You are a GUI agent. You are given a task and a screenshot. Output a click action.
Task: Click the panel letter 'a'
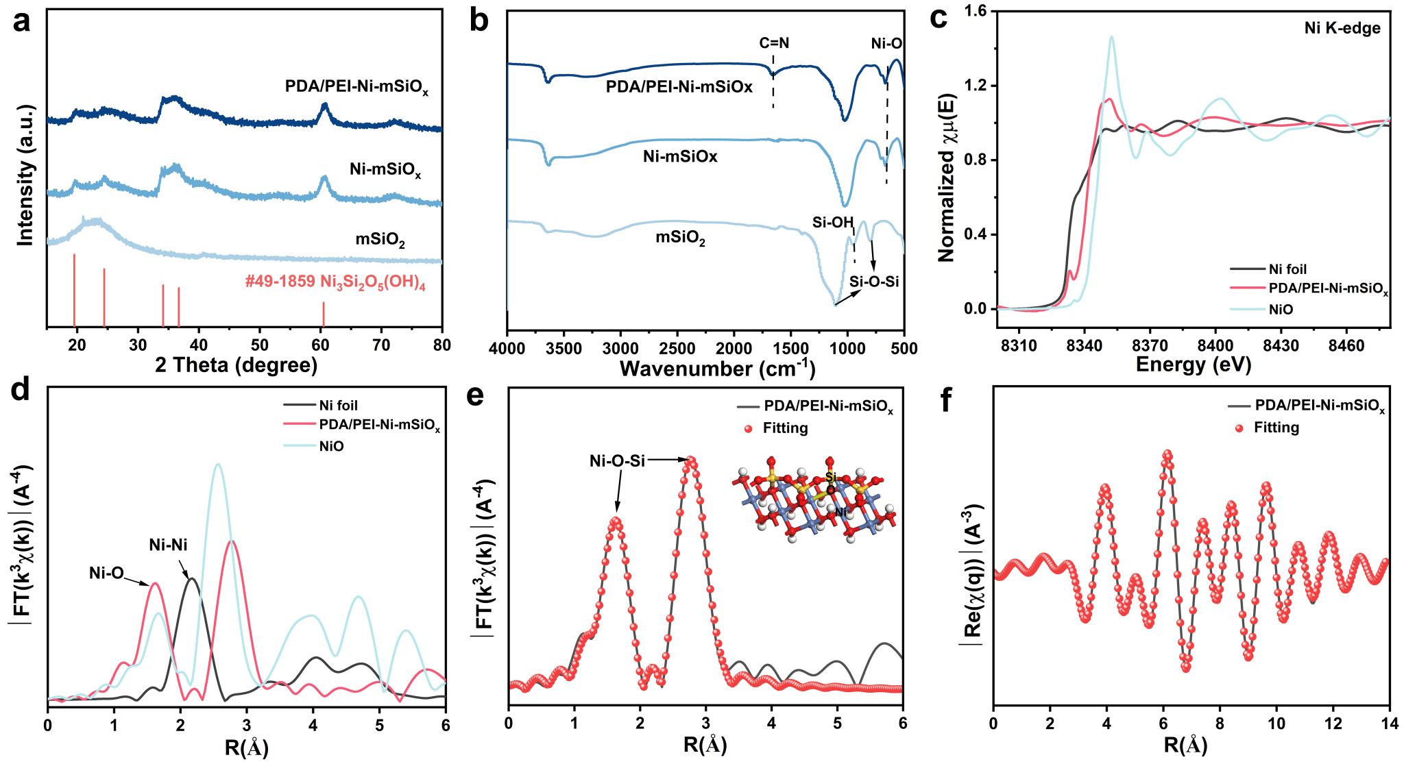pos(22,22)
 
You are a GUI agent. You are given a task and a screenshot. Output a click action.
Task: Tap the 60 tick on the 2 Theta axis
pos(320,345)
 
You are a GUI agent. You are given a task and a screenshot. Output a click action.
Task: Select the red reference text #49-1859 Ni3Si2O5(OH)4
pos(335,282)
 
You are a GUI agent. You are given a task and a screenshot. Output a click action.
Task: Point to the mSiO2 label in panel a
pos(380,240)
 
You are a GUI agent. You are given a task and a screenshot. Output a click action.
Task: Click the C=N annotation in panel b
pos(774,43)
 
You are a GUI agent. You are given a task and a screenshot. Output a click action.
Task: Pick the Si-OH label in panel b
pos(832,223)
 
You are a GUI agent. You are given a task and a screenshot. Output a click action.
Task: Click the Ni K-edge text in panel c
pos(1342,28)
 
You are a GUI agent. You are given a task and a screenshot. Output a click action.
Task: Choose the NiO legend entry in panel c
pos(1280,310)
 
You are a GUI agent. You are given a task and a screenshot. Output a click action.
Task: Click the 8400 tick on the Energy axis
pos(1215,345)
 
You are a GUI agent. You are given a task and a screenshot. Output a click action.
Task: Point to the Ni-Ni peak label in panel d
pos(168,545)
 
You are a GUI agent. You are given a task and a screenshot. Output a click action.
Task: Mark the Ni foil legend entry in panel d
pos(338,406)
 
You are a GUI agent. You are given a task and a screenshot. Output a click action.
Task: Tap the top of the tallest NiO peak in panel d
pos(218,465)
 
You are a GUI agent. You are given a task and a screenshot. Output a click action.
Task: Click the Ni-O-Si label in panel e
pos(617,461)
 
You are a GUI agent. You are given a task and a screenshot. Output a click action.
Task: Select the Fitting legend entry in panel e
pos(785,428)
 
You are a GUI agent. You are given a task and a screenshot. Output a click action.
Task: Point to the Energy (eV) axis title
pos(1193,365)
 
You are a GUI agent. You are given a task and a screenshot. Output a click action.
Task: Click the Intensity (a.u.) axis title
pos(25,175)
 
